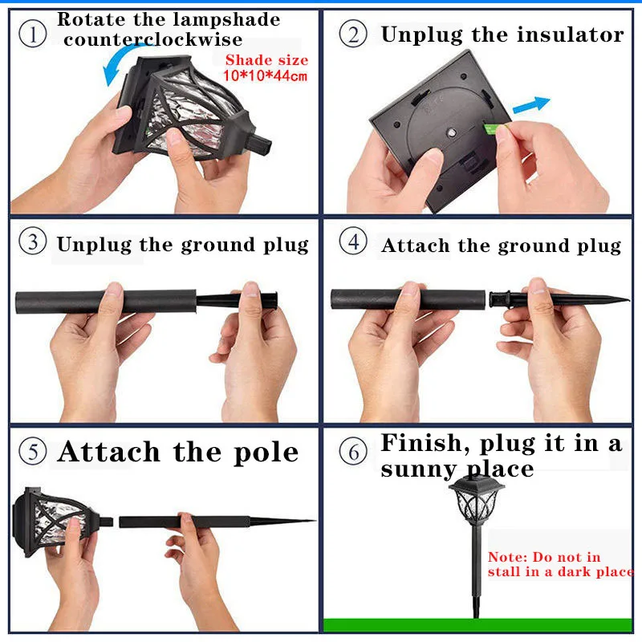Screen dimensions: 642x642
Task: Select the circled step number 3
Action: click(x=32, y=243)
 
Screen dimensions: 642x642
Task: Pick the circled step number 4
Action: click(x=354, y=243)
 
